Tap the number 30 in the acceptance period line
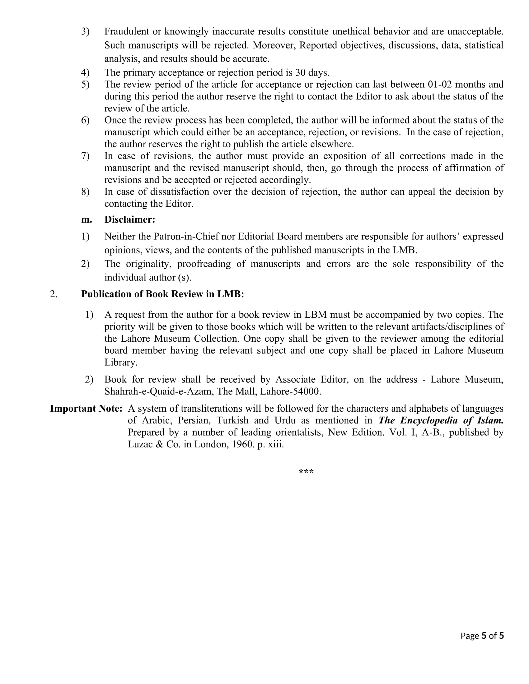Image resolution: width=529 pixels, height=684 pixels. tap(300, 73)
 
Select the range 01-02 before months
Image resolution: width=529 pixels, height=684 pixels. tap(440, 85)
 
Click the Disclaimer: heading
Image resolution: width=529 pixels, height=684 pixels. tap(130, 220)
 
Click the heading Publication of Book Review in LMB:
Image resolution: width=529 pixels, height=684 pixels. tap(162, 294)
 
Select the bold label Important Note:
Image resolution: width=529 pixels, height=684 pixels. tap(86, 409)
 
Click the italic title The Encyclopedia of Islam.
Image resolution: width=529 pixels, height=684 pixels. tap(441, 421)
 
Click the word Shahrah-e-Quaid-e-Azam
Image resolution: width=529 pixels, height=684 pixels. tap(158, 392)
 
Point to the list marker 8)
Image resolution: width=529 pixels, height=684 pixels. tap(85, 192)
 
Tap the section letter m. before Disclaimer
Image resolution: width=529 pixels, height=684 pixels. tap(87, 220)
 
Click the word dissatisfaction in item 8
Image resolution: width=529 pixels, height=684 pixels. tap(179, 192)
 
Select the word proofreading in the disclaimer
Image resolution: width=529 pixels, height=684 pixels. tap(204, 264)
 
